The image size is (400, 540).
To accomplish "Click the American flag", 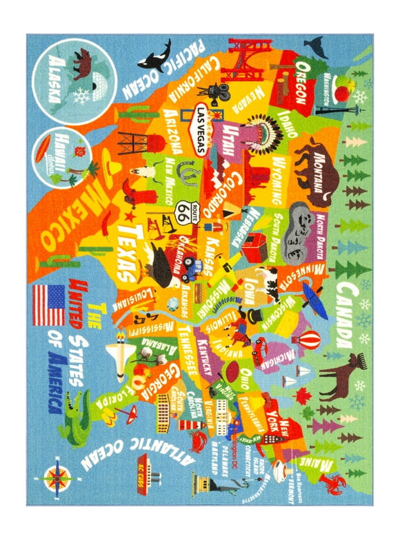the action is (x=48, y=304).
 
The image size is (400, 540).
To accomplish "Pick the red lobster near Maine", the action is (x=334, y=483).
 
